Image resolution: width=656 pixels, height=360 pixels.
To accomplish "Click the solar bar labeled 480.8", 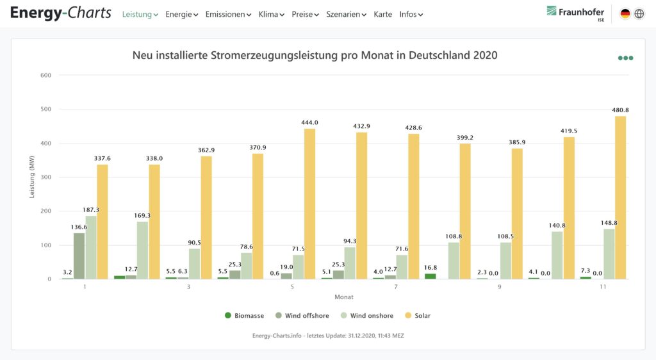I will [620, 197].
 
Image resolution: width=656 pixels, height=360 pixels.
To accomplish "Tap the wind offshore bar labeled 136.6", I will [79, 256].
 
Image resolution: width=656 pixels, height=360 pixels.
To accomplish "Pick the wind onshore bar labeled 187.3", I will [91, 247].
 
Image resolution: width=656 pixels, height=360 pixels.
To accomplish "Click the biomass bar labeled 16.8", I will [430, 276].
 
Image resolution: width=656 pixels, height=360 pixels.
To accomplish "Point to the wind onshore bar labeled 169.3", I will [142, 250].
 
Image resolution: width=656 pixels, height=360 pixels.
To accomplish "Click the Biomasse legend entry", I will [244, 316].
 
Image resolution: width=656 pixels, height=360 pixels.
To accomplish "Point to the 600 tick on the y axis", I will [45, 75].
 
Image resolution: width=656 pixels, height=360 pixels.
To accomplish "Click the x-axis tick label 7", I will [396, 286].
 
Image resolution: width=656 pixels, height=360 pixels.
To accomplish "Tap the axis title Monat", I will [344, 297].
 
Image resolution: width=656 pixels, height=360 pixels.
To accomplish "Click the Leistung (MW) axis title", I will [31, 177].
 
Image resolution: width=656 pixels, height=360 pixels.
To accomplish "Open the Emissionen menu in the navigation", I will [228, 14].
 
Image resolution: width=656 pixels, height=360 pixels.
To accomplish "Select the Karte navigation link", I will [382, 14].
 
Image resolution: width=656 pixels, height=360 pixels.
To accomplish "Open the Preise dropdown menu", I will [305, 14].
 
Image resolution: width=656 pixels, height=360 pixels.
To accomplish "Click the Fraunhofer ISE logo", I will [575, 13].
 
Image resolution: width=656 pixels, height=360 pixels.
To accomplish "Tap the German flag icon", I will [625, 13].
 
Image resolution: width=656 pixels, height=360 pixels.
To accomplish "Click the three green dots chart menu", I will [625, 58].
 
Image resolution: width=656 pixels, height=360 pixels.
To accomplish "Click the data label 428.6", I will [413, 128].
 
